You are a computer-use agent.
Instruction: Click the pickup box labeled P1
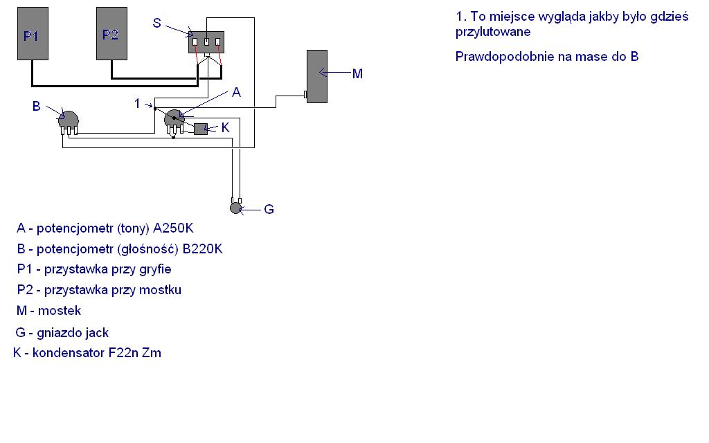click(33, 33)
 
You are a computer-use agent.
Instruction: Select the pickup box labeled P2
click(111, 33)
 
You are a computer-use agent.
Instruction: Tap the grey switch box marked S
click(206, 42)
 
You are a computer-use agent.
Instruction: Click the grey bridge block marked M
click(317, 76)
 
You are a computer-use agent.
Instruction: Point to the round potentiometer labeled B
click(69, 120)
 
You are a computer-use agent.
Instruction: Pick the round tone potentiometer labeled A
click(174, 118)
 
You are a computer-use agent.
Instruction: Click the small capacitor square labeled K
click(201, 129)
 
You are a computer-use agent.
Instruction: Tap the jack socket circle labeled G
click(235, 208)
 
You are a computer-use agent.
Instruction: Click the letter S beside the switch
click(157, 23)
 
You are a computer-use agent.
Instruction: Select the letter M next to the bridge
click(357, 73)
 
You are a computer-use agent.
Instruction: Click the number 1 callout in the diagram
click(138, 104)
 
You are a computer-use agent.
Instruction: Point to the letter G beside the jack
click(269, 209)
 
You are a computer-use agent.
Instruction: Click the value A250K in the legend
click(173, 228)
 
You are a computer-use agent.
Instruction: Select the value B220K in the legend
click(203, 249)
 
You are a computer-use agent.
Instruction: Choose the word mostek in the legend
click(60, 311)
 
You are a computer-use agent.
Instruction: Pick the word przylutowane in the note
click(493, 32)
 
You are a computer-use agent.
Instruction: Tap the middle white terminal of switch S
click(206, 42)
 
